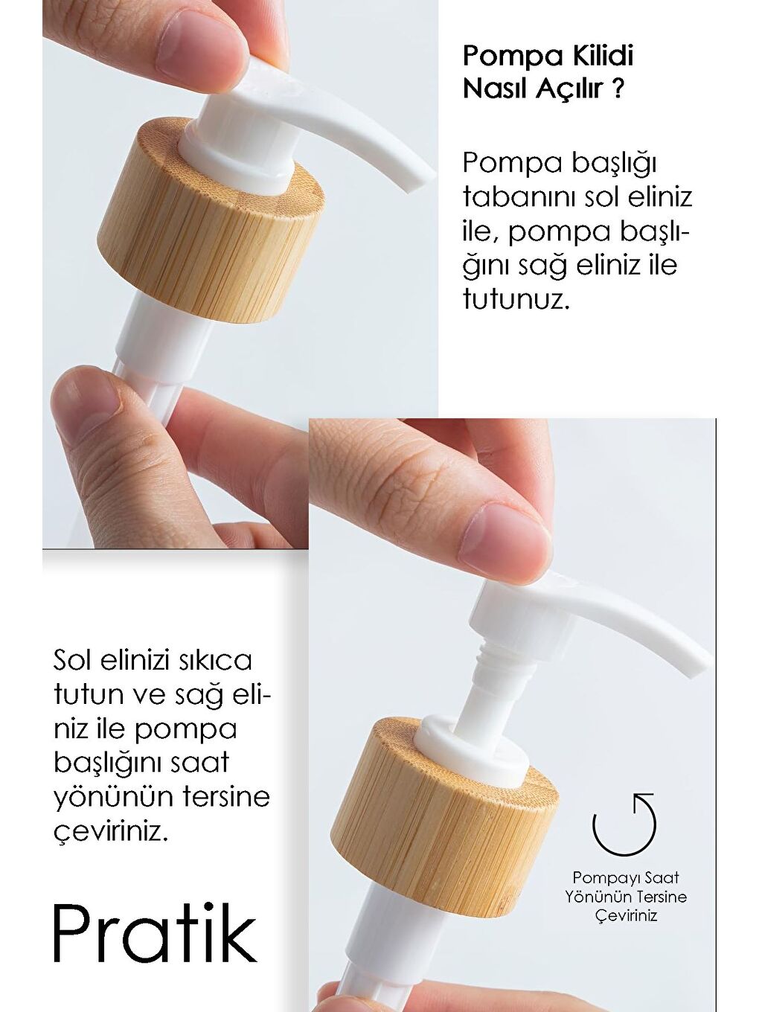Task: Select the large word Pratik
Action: point(155,934)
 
